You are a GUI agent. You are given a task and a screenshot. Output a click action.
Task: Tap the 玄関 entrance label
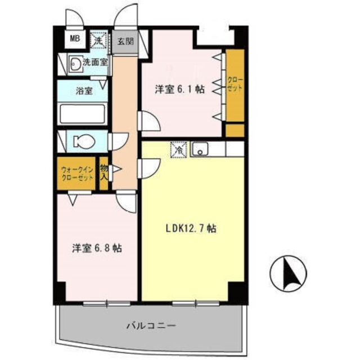coord(124,41)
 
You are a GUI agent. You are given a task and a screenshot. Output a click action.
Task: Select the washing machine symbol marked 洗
coord(98,40)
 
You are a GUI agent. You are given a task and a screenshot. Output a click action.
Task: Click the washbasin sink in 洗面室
coord(75,64)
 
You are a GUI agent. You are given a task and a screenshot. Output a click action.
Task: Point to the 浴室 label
coord(84,91)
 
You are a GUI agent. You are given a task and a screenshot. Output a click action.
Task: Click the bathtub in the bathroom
coord(83,115)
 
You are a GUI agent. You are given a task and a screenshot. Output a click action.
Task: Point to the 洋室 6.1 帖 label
coord(179,89)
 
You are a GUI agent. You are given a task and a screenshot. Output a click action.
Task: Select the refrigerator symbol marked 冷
coord(178,150)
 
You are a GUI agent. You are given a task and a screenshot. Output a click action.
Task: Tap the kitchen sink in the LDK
coord(200,150)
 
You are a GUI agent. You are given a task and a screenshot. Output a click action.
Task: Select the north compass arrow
coord(291,274)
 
